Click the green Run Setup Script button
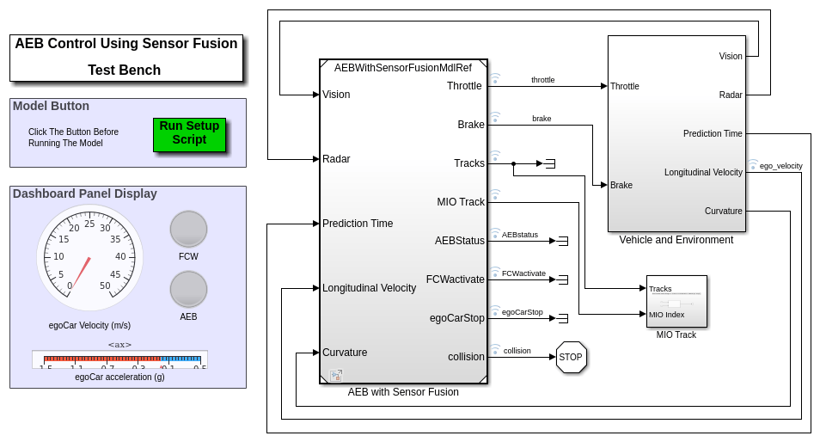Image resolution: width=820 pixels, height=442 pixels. click(189, 134)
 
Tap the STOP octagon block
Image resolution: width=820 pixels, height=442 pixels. click(571, 357)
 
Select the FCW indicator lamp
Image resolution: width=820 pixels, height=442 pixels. click(188, 229)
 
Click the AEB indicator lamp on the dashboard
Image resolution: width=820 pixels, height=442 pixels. click(188, 289)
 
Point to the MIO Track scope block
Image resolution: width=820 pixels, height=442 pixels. click(676, 301)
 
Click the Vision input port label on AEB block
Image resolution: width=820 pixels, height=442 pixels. click(336, 95)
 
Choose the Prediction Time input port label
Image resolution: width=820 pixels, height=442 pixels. click(358, 224)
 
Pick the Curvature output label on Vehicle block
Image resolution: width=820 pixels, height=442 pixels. click(723, 211)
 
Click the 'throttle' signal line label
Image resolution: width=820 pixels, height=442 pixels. click(542, 80)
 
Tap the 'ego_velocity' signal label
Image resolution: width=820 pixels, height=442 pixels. click(780, 165)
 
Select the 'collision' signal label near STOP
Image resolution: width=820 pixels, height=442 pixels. click(517, 351)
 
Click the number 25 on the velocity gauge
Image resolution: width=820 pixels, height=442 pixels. click(89, 224)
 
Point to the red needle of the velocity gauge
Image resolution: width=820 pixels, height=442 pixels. click(81, 273)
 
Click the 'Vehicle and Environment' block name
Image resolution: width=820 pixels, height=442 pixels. click(676, 240)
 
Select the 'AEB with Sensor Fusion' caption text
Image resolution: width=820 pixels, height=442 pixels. click(403, 392)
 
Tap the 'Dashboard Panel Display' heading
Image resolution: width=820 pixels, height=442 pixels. click(85, 193)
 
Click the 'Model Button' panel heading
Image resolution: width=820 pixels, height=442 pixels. click(51, 106)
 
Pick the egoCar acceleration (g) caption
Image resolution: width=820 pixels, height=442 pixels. click(119, 377)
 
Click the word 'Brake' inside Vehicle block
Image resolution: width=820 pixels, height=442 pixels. click(621, 185)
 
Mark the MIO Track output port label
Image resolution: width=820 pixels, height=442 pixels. click(461, 202)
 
